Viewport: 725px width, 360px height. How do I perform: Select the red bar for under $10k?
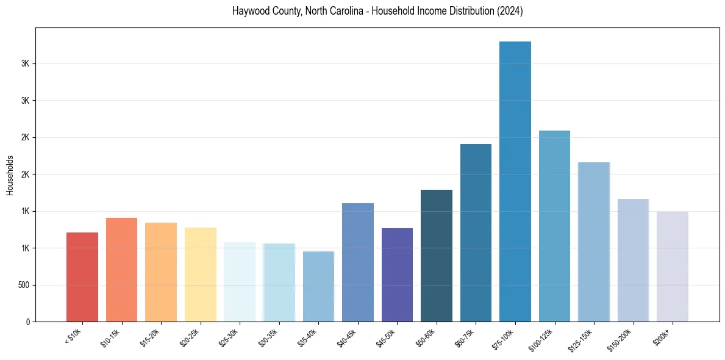click(82, 277)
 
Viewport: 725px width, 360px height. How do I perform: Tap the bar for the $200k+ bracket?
click(673, 267)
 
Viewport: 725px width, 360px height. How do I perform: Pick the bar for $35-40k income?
click(318, 286)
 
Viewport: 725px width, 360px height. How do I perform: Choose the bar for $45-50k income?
click(397, 275)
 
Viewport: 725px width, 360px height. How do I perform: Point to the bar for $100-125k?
click(554, 226)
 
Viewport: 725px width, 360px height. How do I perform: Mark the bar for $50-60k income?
click(437, 256)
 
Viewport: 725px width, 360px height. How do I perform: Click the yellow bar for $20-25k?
click(201, 275)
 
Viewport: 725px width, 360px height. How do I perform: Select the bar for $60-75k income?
click(476, 232)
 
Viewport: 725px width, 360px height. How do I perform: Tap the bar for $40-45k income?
click(358, 262)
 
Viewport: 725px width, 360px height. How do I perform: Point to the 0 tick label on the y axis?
click(27, 322)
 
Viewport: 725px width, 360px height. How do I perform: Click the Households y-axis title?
click(10, 175)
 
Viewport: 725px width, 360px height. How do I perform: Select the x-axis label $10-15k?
click(110, 337)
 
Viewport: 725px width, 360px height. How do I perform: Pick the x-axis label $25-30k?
click(228, 337)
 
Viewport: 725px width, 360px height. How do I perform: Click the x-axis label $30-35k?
click(268, 337)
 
